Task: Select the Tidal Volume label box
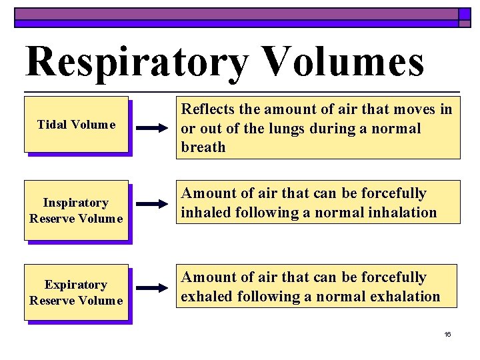(x=76, y=125)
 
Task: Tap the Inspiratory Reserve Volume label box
(x=76, y=210)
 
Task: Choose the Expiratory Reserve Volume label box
(x=76, y=293)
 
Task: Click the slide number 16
(x=447, y=334)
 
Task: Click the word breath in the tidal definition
(x=203, y=147)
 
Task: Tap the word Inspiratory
(x=76, y=202)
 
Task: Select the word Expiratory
(x=76, y=285)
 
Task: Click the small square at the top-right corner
(x=465, y=14)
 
